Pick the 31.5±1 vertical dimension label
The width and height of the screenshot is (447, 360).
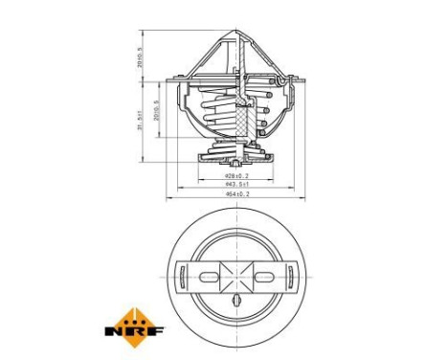[139, 120]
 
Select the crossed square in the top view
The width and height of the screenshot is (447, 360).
[236, 277]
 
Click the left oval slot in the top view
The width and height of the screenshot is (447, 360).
[209, 277]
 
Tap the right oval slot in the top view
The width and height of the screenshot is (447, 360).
[264, 277]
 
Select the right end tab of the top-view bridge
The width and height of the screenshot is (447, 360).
[289, 277]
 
